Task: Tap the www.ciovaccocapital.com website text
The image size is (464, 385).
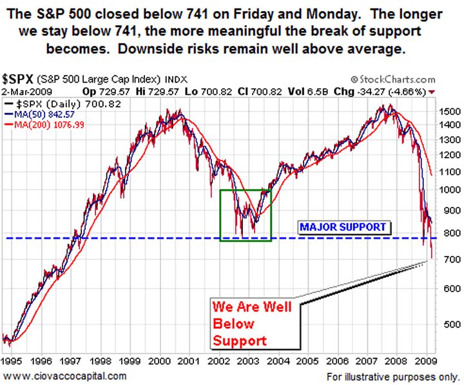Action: click(x=64, y=375)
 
